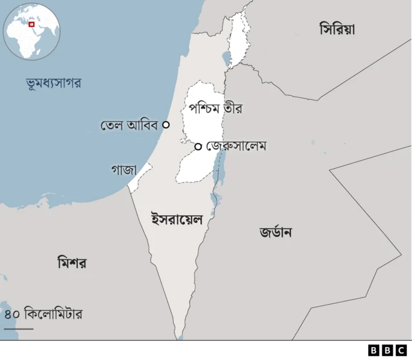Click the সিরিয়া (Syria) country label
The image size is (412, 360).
tap(337, 29)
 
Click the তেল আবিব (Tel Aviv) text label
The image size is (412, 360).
tap(129, 125)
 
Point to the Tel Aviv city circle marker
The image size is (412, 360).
tap(166, 125)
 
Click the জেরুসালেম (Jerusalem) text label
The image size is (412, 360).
tap(236, 146)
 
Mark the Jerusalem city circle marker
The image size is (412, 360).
tap(198, 146)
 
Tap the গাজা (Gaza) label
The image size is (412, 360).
tap(124, 170)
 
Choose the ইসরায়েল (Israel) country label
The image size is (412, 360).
tap(176, 219)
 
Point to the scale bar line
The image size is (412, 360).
tap(18, 329)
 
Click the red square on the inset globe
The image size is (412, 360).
tap(31, 24)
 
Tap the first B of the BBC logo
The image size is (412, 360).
tap(373, 350)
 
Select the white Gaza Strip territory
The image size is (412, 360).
tap(140, 177)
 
